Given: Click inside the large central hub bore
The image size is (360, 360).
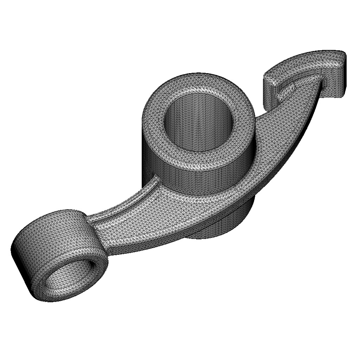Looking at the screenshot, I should (x=199, y=130).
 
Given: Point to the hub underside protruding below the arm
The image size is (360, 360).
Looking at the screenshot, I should (x=225, y=225).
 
